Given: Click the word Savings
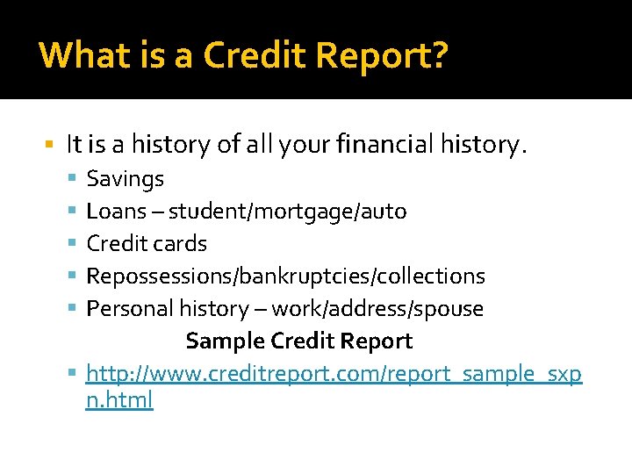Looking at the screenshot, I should point(125,179).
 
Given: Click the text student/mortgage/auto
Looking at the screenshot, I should point(287,212).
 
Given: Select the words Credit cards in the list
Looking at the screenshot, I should point(147,244).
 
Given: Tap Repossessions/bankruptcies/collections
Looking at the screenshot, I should point(285,276).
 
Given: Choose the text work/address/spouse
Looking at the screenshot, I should point(377,308).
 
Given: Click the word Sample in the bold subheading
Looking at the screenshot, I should point(225,341).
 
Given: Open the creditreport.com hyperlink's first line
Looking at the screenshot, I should point(334,374).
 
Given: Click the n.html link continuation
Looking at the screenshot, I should point(119,400).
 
